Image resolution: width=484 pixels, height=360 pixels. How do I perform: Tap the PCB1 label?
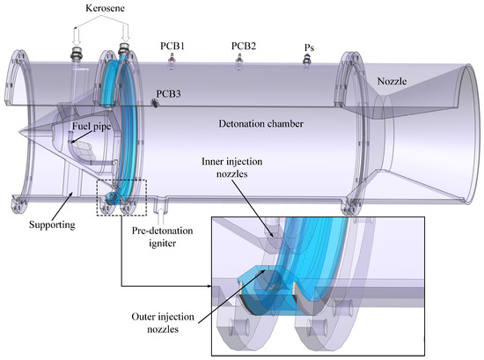coord(173,43)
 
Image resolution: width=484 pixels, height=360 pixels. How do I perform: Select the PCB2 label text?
coord(244,43)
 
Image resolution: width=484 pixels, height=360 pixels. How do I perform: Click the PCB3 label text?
coord(170,92)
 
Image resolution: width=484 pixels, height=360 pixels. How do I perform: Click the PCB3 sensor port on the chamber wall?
coord(154,103)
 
